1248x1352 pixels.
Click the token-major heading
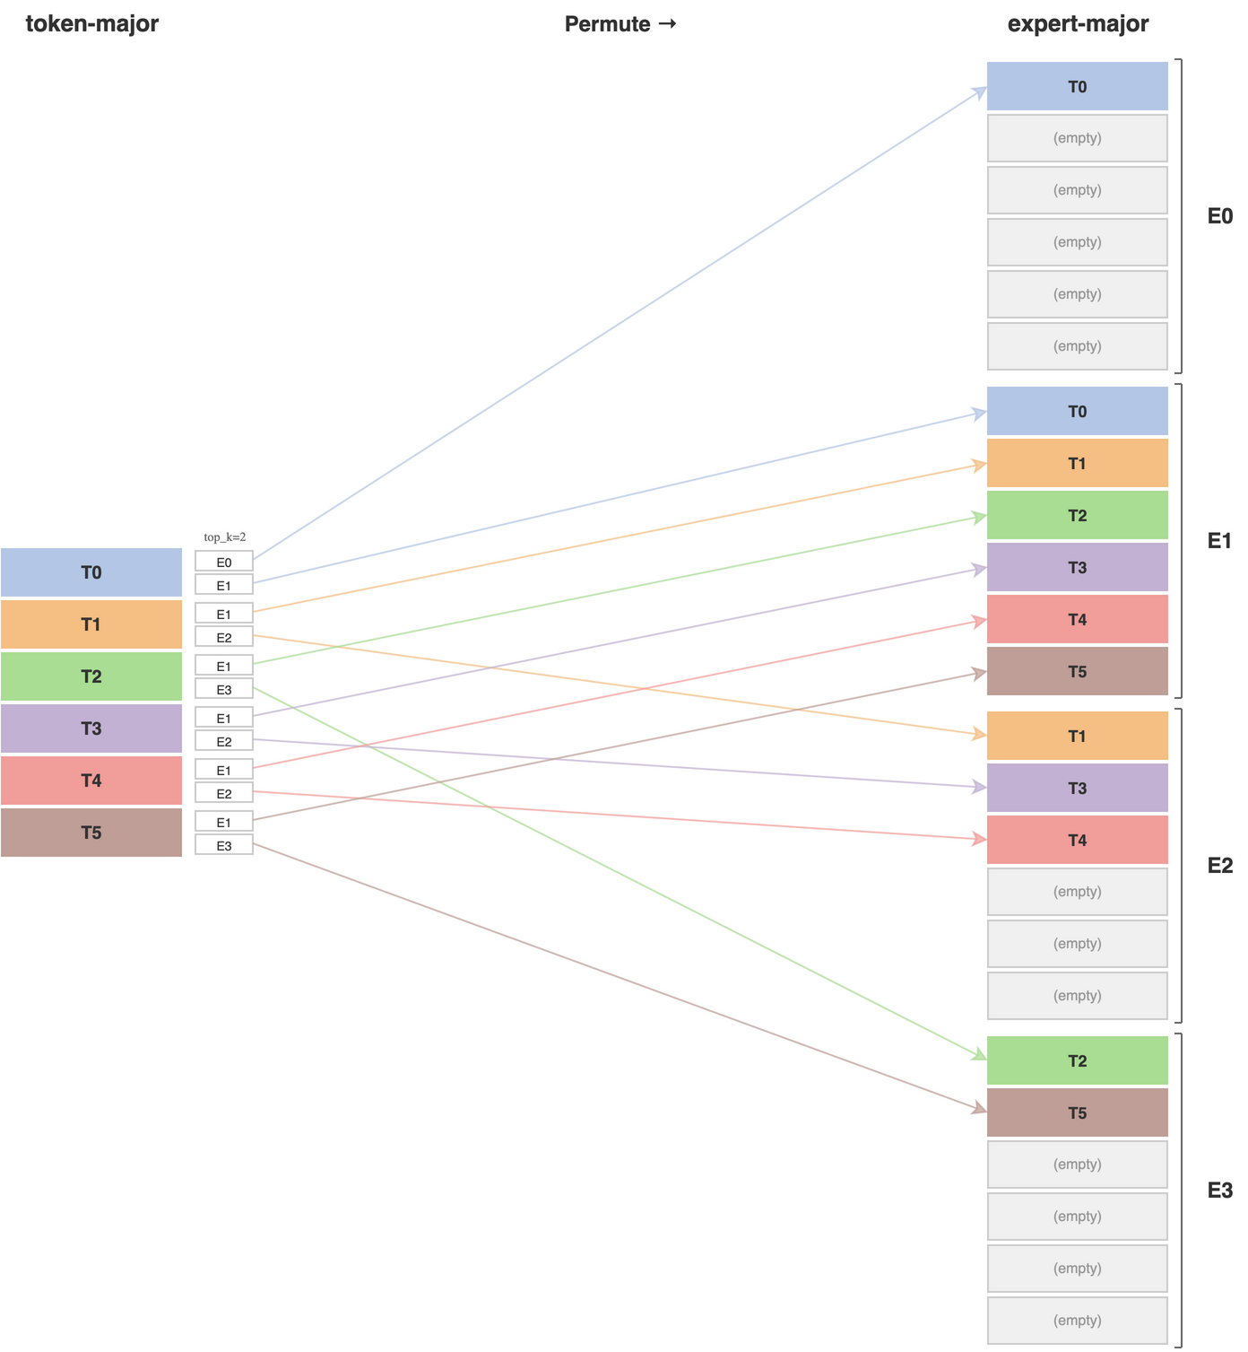point(91,24)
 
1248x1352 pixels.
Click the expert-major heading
point(1078,24)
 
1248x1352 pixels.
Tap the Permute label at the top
point(620,24)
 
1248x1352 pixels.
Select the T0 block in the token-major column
point(91,572)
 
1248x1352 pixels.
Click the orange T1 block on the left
point(91,624)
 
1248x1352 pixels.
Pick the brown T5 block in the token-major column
point(91,833)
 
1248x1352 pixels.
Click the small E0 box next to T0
point(224,562)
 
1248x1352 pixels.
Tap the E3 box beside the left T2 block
point(224,689)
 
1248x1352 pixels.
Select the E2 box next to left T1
point(224,637)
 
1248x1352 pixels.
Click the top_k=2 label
point(225,536)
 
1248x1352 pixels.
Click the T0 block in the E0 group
point(1077,86)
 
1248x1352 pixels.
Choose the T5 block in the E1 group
point(1077,671)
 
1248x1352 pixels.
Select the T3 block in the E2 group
point(1077,788)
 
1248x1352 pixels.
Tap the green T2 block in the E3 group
point(1077,1060)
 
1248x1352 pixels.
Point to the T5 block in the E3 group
point(1077,1112)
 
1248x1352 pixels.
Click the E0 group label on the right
point(1219,216)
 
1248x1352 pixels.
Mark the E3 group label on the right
point(1219,1191)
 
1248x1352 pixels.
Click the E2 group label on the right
point(1219,866)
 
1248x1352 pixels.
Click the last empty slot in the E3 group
point(1077,1320)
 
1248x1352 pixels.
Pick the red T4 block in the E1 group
point(1077,619)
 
